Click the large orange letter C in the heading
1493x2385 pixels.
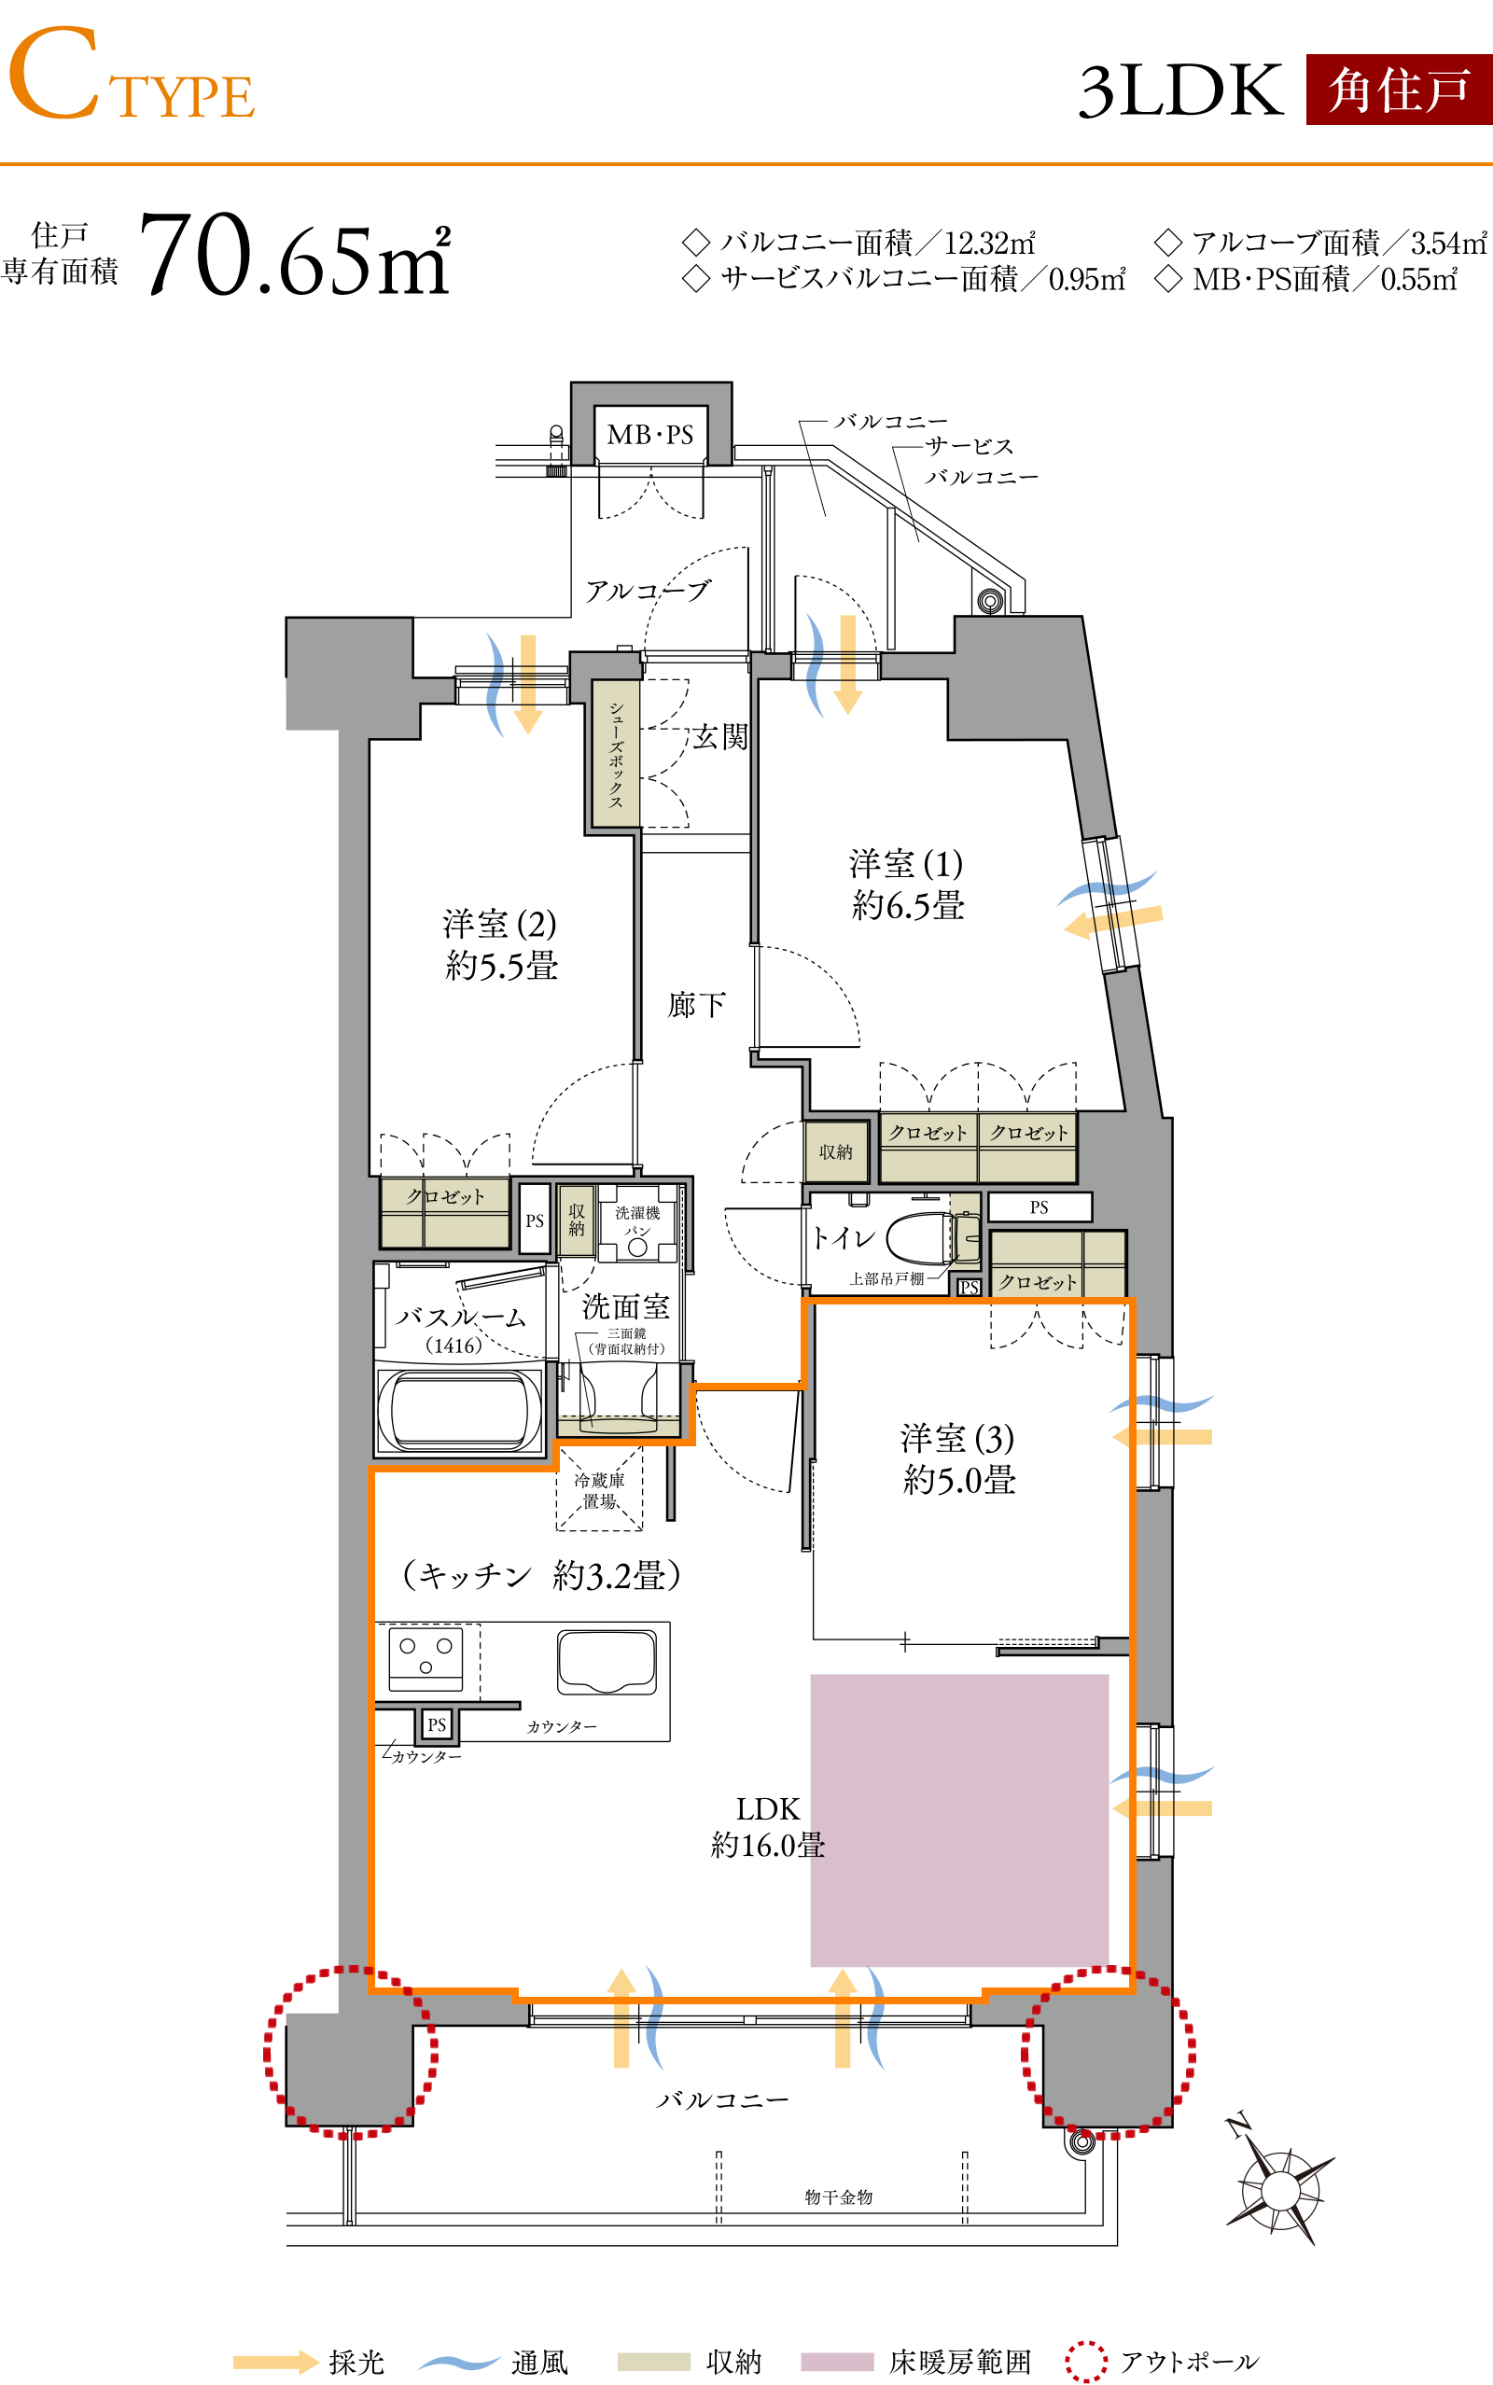[x=54, y=73]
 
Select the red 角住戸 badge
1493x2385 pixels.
[x=1398, y=90]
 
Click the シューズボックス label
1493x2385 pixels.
[x=615, y=753]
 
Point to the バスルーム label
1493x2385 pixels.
[x=460, y=1317]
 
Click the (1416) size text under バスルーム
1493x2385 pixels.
[x=454, y=1346]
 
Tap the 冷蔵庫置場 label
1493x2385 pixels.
[x=598, y=1489]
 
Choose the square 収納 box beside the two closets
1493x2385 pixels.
[x=835, y=1151]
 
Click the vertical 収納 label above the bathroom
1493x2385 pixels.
[x=577, y=1220]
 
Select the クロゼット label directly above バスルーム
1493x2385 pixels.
[x=445, y=1196]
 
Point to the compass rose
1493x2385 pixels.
[x=1279, y=2191]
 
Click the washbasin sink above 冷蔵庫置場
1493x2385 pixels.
[x=618, y=1424]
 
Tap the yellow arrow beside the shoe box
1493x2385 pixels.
[x=528, y=683]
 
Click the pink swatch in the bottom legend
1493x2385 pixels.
[x=836, y=2362]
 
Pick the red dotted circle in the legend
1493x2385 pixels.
[x=1086, y=2362]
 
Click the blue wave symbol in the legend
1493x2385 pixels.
[x=459, y=2363]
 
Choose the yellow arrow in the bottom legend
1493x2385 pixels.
[x=276, y=2363]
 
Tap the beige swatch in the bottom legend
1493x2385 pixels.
[x=654, y=2362]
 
